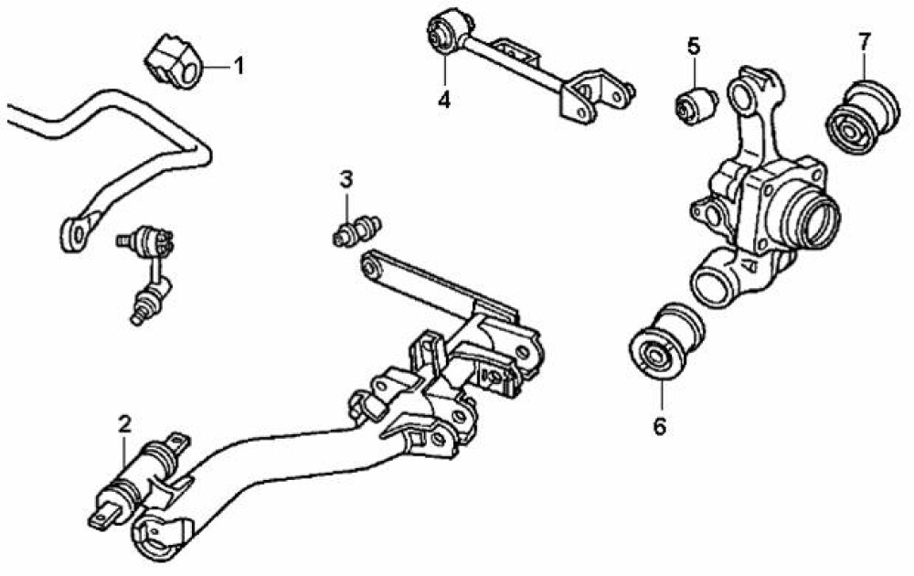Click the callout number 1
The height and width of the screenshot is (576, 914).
point(239,67)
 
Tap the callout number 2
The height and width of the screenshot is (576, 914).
point(124,424)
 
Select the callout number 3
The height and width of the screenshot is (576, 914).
point(346,179)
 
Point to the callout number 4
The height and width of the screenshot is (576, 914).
point(444,100)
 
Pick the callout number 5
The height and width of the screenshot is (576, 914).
point(693,46)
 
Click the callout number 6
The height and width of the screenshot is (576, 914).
point(660,427)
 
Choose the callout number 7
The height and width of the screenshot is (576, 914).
point(865,41)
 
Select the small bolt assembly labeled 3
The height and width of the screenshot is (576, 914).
point(357,230)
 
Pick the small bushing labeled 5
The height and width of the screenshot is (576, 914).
point(696,104)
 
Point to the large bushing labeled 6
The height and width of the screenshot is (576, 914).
point(667,342)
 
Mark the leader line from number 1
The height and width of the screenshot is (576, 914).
point(217,68)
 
